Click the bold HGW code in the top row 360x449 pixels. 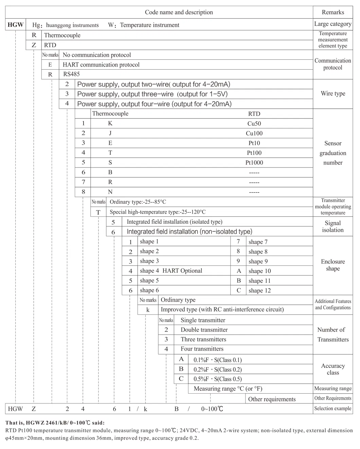tap(16, 25)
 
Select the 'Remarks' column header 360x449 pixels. tap(333, 12)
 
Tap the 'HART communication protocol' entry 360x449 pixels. tap(101, 65)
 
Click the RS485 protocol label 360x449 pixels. tap(71, 74)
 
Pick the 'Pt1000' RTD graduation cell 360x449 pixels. tap(254, 163)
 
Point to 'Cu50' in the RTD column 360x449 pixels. tap(254, 124)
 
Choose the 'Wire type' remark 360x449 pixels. tap(333, 94)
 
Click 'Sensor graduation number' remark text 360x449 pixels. tap(333, 153)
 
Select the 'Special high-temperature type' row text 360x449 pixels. tap(158, 212)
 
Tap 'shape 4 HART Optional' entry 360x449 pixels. tap(171, 271)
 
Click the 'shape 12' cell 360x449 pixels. tap(259, 291)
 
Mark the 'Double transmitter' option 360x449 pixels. tap(204, 330)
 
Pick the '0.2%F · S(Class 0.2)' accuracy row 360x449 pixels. tap(218, 370)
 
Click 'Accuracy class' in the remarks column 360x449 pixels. tap(333, 369)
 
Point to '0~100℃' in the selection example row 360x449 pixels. tap(212, 409)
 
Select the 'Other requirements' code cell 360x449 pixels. tap(272, 399)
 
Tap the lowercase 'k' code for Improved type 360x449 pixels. tap(148, 310)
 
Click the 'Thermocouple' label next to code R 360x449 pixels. tap(62, 35)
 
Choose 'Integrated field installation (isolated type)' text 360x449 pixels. tap(175, 222)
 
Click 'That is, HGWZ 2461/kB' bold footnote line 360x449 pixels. tap(55, 423)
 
